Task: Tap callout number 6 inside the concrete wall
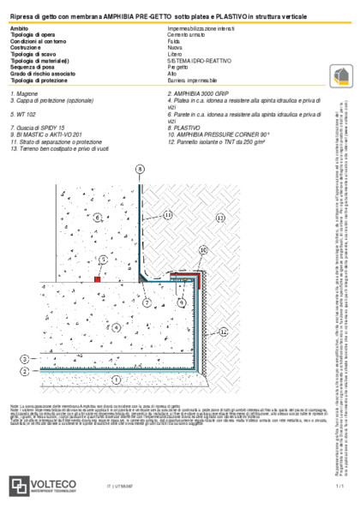pyautogui.click(x=99, y=218)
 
